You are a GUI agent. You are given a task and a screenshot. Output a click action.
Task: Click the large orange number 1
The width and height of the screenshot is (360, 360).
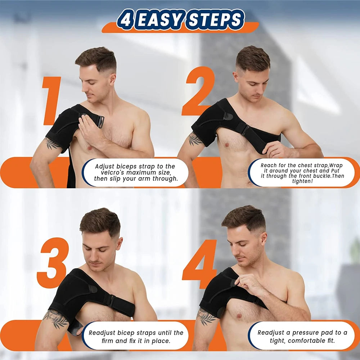coord(51,101)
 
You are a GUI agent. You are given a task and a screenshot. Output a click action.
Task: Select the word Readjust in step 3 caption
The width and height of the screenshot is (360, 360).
coord(104,333)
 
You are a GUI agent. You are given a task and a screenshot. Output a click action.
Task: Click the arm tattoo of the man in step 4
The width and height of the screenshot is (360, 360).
coord(207,316)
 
